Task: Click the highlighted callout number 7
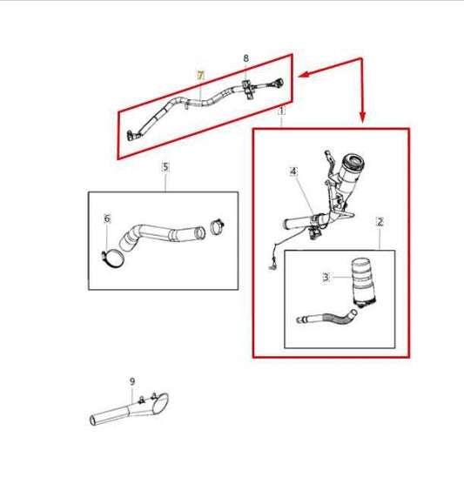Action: coord(199,77)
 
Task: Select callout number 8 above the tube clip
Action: coord(245,58)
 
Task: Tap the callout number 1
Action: coord(281,112)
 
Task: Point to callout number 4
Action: coord(293,171)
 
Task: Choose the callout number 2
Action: coord(380,222)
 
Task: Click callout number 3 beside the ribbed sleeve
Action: coord(326,277)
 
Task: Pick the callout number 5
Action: coord(165,165)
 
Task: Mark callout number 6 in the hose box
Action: coord(107,218)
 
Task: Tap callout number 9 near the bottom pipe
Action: coord(132,381)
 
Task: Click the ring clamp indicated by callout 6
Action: coord(110,256)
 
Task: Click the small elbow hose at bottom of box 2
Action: coord(326,318)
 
